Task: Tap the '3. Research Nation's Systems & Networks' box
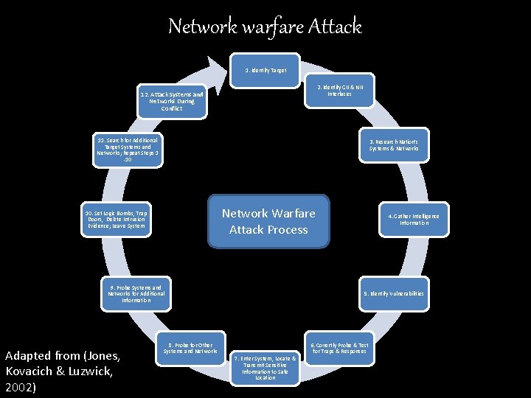coord(394,145)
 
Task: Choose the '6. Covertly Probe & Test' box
coord(339,348)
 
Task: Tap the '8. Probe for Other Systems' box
coord(190,348)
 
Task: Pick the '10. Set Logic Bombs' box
coord(116,219)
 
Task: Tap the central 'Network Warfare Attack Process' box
coord(268,221)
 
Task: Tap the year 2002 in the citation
coord(20,385)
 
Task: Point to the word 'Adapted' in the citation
coord(27,356)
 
